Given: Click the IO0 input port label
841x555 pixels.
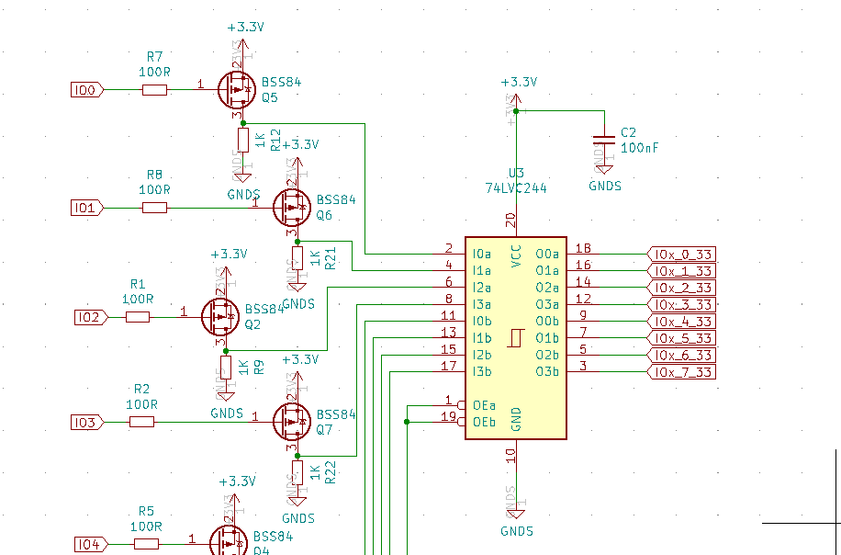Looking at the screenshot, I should [x=87, y=90].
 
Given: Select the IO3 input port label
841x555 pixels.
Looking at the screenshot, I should [x=87, y=422].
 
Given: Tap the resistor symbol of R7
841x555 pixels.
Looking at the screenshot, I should [x=154, y=90].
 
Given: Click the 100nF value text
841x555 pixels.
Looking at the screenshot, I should [x=640, y=147].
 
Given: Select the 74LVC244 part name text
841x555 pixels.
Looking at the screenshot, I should [x=516, y=187].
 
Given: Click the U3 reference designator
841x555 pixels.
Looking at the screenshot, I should [x=516, y=173].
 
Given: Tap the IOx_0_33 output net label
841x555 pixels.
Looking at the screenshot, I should [x=680, y=254].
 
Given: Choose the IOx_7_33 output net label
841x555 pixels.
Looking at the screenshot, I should [x=680, y=371].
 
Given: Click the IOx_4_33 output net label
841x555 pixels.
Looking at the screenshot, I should [x=680, y=321].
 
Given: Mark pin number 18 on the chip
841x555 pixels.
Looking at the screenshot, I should [x=583, y=248].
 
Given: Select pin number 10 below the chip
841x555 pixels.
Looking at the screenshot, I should [x=510, y=454].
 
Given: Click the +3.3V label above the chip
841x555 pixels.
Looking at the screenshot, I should [x=519, y=82].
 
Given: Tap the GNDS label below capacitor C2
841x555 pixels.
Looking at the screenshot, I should [x=604, y=186].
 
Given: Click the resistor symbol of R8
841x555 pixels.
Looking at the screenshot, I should [x=154, y=208].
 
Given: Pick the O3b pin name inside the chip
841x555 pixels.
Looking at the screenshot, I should [x=547, y=371].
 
